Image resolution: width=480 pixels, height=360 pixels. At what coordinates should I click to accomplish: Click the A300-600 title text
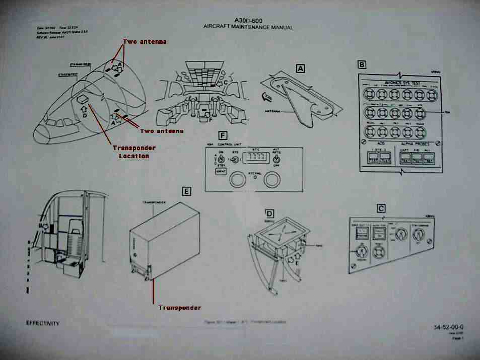pos(248,20)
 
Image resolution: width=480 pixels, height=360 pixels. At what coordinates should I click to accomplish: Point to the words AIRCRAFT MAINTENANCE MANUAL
pos(248,27)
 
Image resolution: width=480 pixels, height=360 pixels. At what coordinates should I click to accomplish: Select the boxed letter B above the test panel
pos(361,64)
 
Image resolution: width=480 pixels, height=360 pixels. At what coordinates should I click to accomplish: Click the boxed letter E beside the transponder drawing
pos(187,191)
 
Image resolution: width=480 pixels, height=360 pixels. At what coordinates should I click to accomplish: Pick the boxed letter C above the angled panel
pos(381,208)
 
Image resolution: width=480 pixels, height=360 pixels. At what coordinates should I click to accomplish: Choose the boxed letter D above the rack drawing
pos(270,213)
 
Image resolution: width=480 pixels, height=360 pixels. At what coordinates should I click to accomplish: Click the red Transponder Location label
pos(133,152)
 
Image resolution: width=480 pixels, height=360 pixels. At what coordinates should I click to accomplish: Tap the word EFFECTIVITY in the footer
pos(43,324)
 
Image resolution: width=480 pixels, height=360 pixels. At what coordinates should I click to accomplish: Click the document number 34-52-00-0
pos(448,327)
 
